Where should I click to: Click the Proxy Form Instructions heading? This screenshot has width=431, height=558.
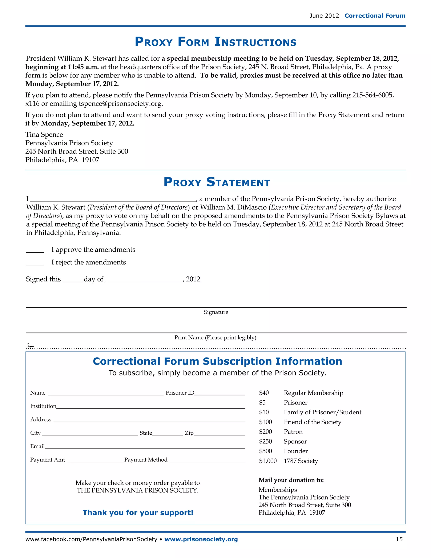[215, 42]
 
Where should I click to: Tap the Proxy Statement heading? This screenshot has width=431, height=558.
[217, 182]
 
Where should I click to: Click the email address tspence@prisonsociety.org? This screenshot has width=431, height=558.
[120, 104]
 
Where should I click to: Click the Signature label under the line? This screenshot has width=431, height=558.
[216, 312]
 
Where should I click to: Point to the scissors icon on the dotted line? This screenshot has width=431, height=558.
[29, 346]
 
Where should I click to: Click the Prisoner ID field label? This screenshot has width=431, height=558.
[180, 393]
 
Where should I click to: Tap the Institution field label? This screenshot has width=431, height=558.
[43, 406]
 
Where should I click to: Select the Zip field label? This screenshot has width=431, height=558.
[189, 433]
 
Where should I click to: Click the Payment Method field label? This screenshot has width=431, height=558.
[146, 460]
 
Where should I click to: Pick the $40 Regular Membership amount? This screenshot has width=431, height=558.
[264, 393]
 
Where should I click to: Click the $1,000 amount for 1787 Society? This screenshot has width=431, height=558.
[268, 461]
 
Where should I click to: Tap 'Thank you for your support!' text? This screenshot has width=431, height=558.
[138, 513]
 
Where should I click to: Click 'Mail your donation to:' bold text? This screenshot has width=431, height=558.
[291, 480]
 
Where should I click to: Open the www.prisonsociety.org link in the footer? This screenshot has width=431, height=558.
[201, 539]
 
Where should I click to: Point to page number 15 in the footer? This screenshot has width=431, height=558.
[399, 539]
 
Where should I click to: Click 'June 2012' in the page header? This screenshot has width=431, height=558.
[324, 16]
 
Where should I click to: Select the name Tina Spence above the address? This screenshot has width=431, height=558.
[44, 135]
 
